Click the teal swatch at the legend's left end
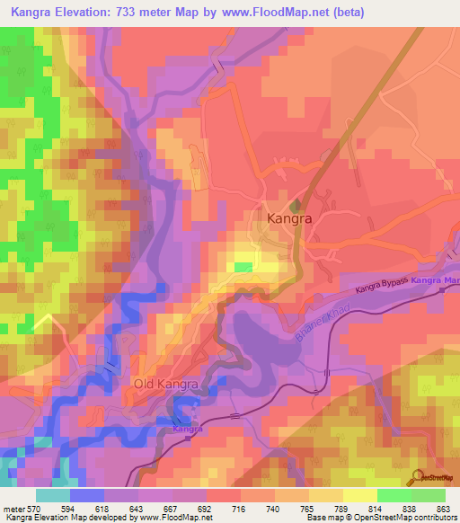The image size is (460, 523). (x=53, y=495)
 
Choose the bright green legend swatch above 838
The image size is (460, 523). (x=394, y=495)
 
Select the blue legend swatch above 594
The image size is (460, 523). (x=87, y=495)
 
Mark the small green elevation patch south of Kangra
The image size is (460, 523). (x=243, y=267)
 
